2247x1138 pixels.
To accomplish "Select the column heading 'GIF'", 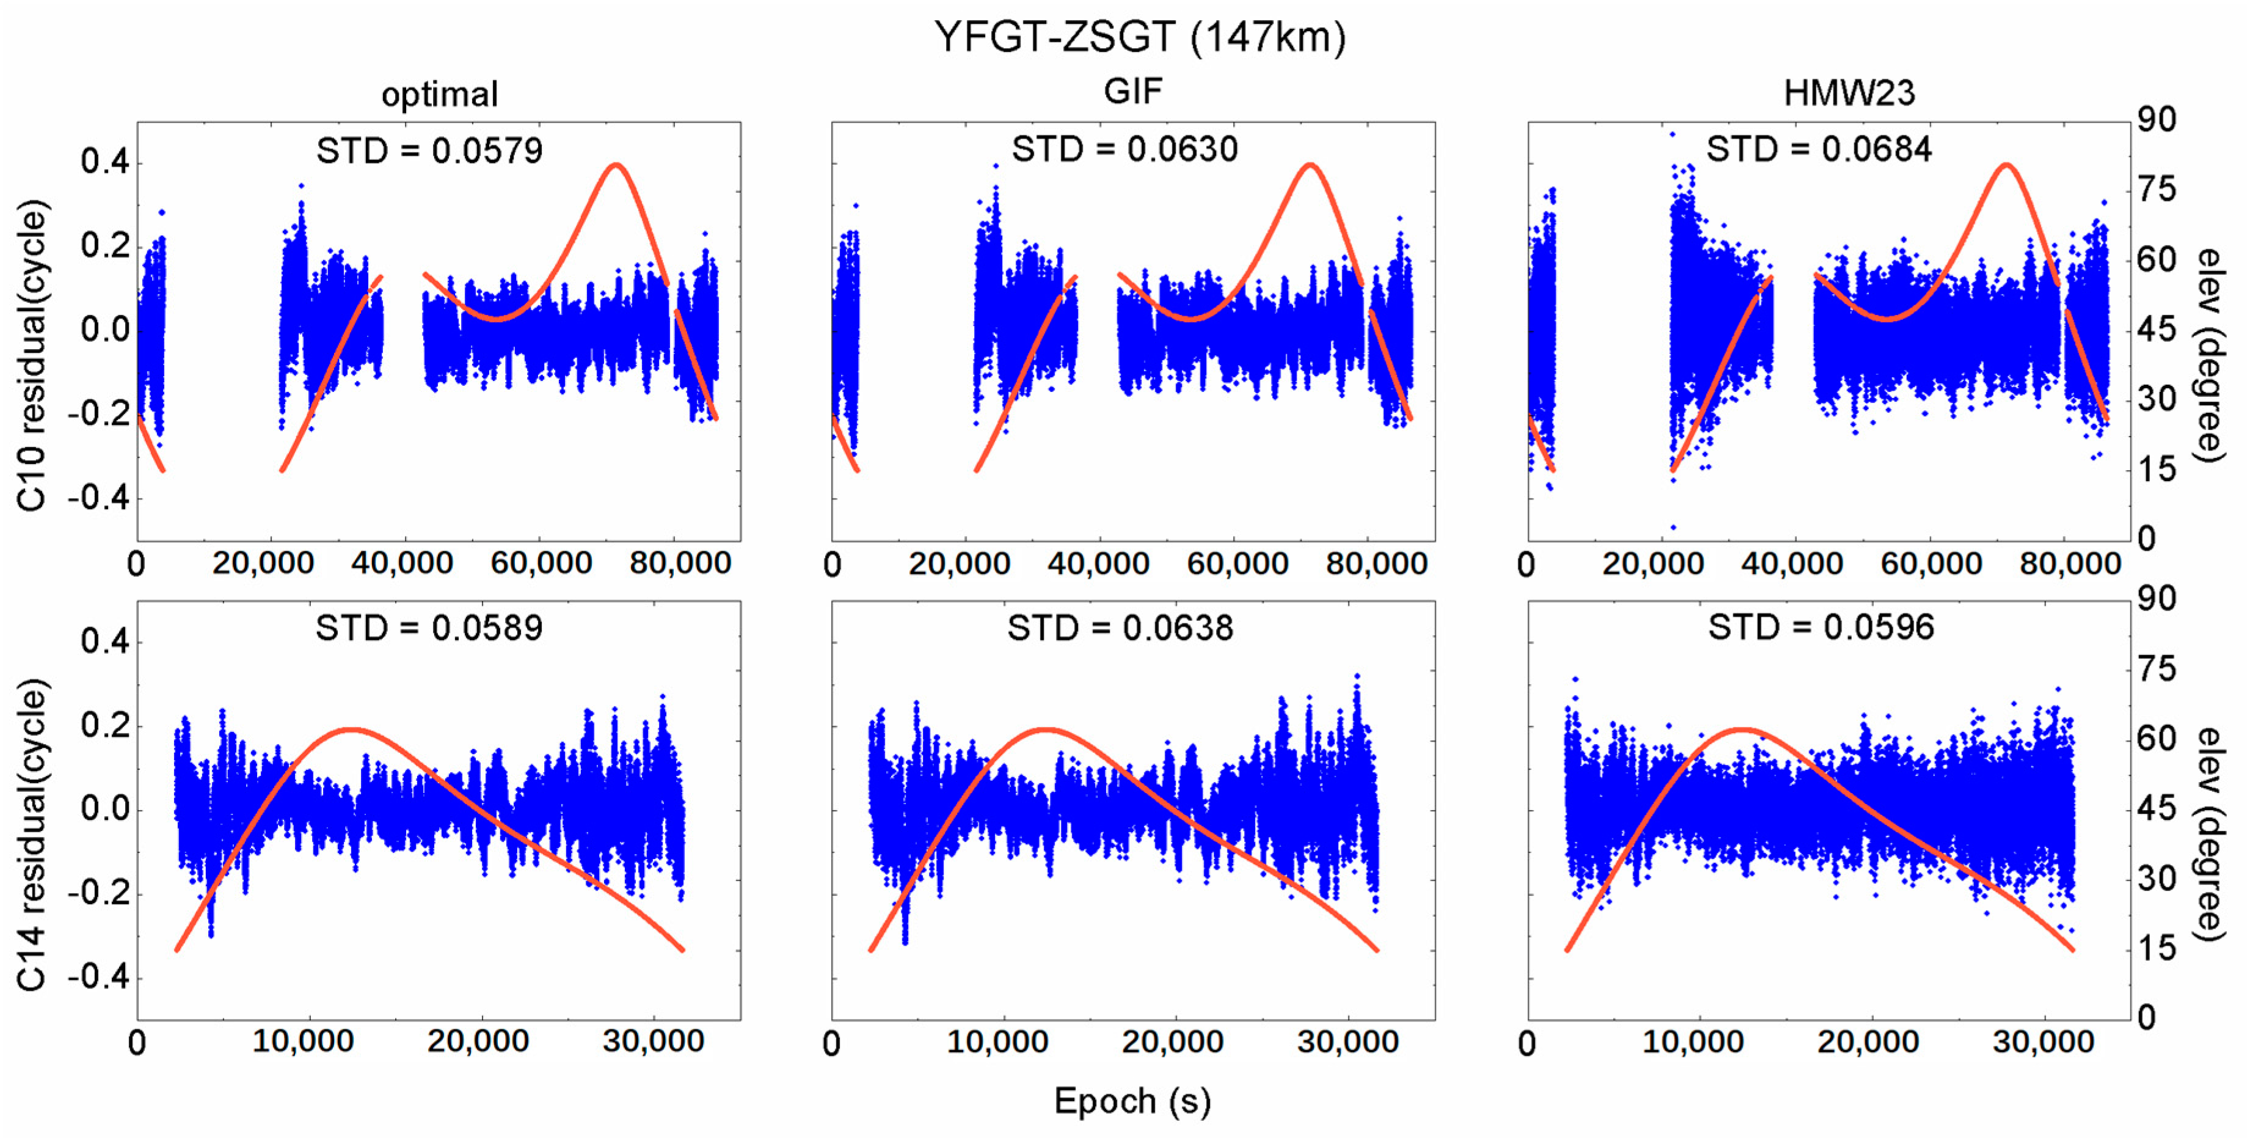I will pyautogui.click(x=1132, y=91).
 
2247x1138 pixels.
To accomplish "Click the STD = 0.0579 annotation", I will pyautogui.click(x=429, y=151).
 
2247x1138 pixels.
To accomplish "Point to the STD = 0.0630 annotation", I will pyautogui.click(x=1124, y=149).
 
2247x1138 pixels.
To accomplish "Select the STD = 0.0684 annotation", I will pyautogui.click(x=1819, y=149).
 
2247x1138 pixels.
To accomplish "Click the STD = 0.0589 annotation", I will pyautogui.click(x=429, y=628).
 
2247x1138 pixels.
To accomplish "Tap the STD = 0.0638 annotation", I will pyautogui.click(x=1120, y=628).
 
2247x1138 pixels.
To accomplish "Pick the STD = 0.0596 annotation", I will pyautogui.click(x=1821, y=627).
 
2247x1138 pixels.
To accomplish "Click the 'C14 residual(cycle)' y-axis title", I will pyautogui.click(x=31, y=835).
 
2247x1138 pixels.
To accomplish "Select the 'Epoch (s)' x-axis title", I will pyautogui.click(x=1132, y=1101).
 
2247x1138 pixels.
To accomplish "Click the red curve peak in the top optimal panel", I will pyautogui.click(x=616, y=165).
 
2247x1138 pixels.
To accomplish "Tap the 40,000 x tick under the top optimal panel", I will pyautogui.click(x=402, y=564).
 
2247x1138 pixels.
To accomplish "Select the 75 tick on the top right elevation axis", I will pyautogui.click(x=2156, y=190).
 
